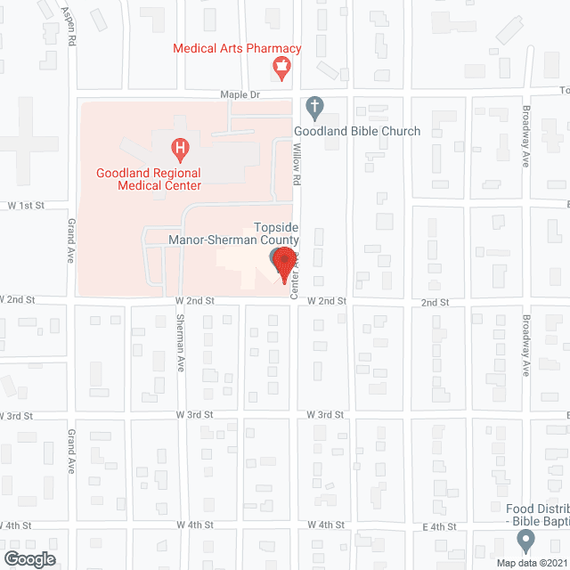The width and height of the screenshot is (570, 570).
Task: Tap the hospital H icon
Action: pyautogui.click(x=181, y=146)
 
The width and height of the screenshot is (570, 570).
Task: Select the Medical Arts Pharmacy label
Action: pyautogui.click(x=237, y=49)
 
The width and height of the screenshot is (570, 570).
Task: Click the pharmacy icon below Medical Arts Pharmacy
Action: pyautogui.click(x=282, y=68)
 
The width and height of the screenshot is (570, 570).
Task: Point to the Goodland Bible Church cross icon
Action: pyautogui.click(x=313, y=108)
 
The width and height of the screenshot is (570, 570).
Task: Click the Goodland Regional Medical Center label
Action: pyautogui.click(x=150, y=179)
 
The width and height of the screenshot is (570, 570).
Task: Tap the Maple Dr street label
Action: pyautogui.click(x=240, y=94)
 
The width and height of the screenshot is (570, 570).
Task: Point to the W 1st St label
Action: pyautogui.click(x=27, y=206)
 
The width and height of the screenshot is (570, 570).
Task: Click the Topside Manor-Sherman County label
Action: pyautogui.click(x=234, y=234)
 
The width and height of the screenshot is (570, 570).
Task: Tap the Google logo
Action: pyautogui.click(x=28, y=558)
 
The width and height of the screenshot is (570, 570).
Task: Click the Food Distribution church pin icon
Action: pyautogui.click(x=525, y=540)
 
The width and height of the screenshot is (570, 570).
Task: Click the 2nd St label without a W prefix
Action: pyautogui.click(x=435, y=303)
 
